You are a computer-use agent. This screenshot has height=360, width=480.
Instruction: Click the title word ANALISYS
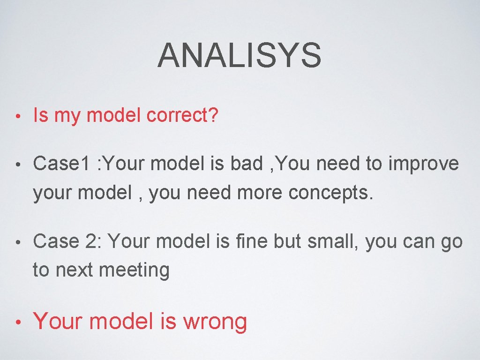tap(240, 55)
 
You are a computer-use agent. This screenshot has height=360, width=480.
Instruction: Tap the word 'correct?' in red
tap(182, 115)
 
